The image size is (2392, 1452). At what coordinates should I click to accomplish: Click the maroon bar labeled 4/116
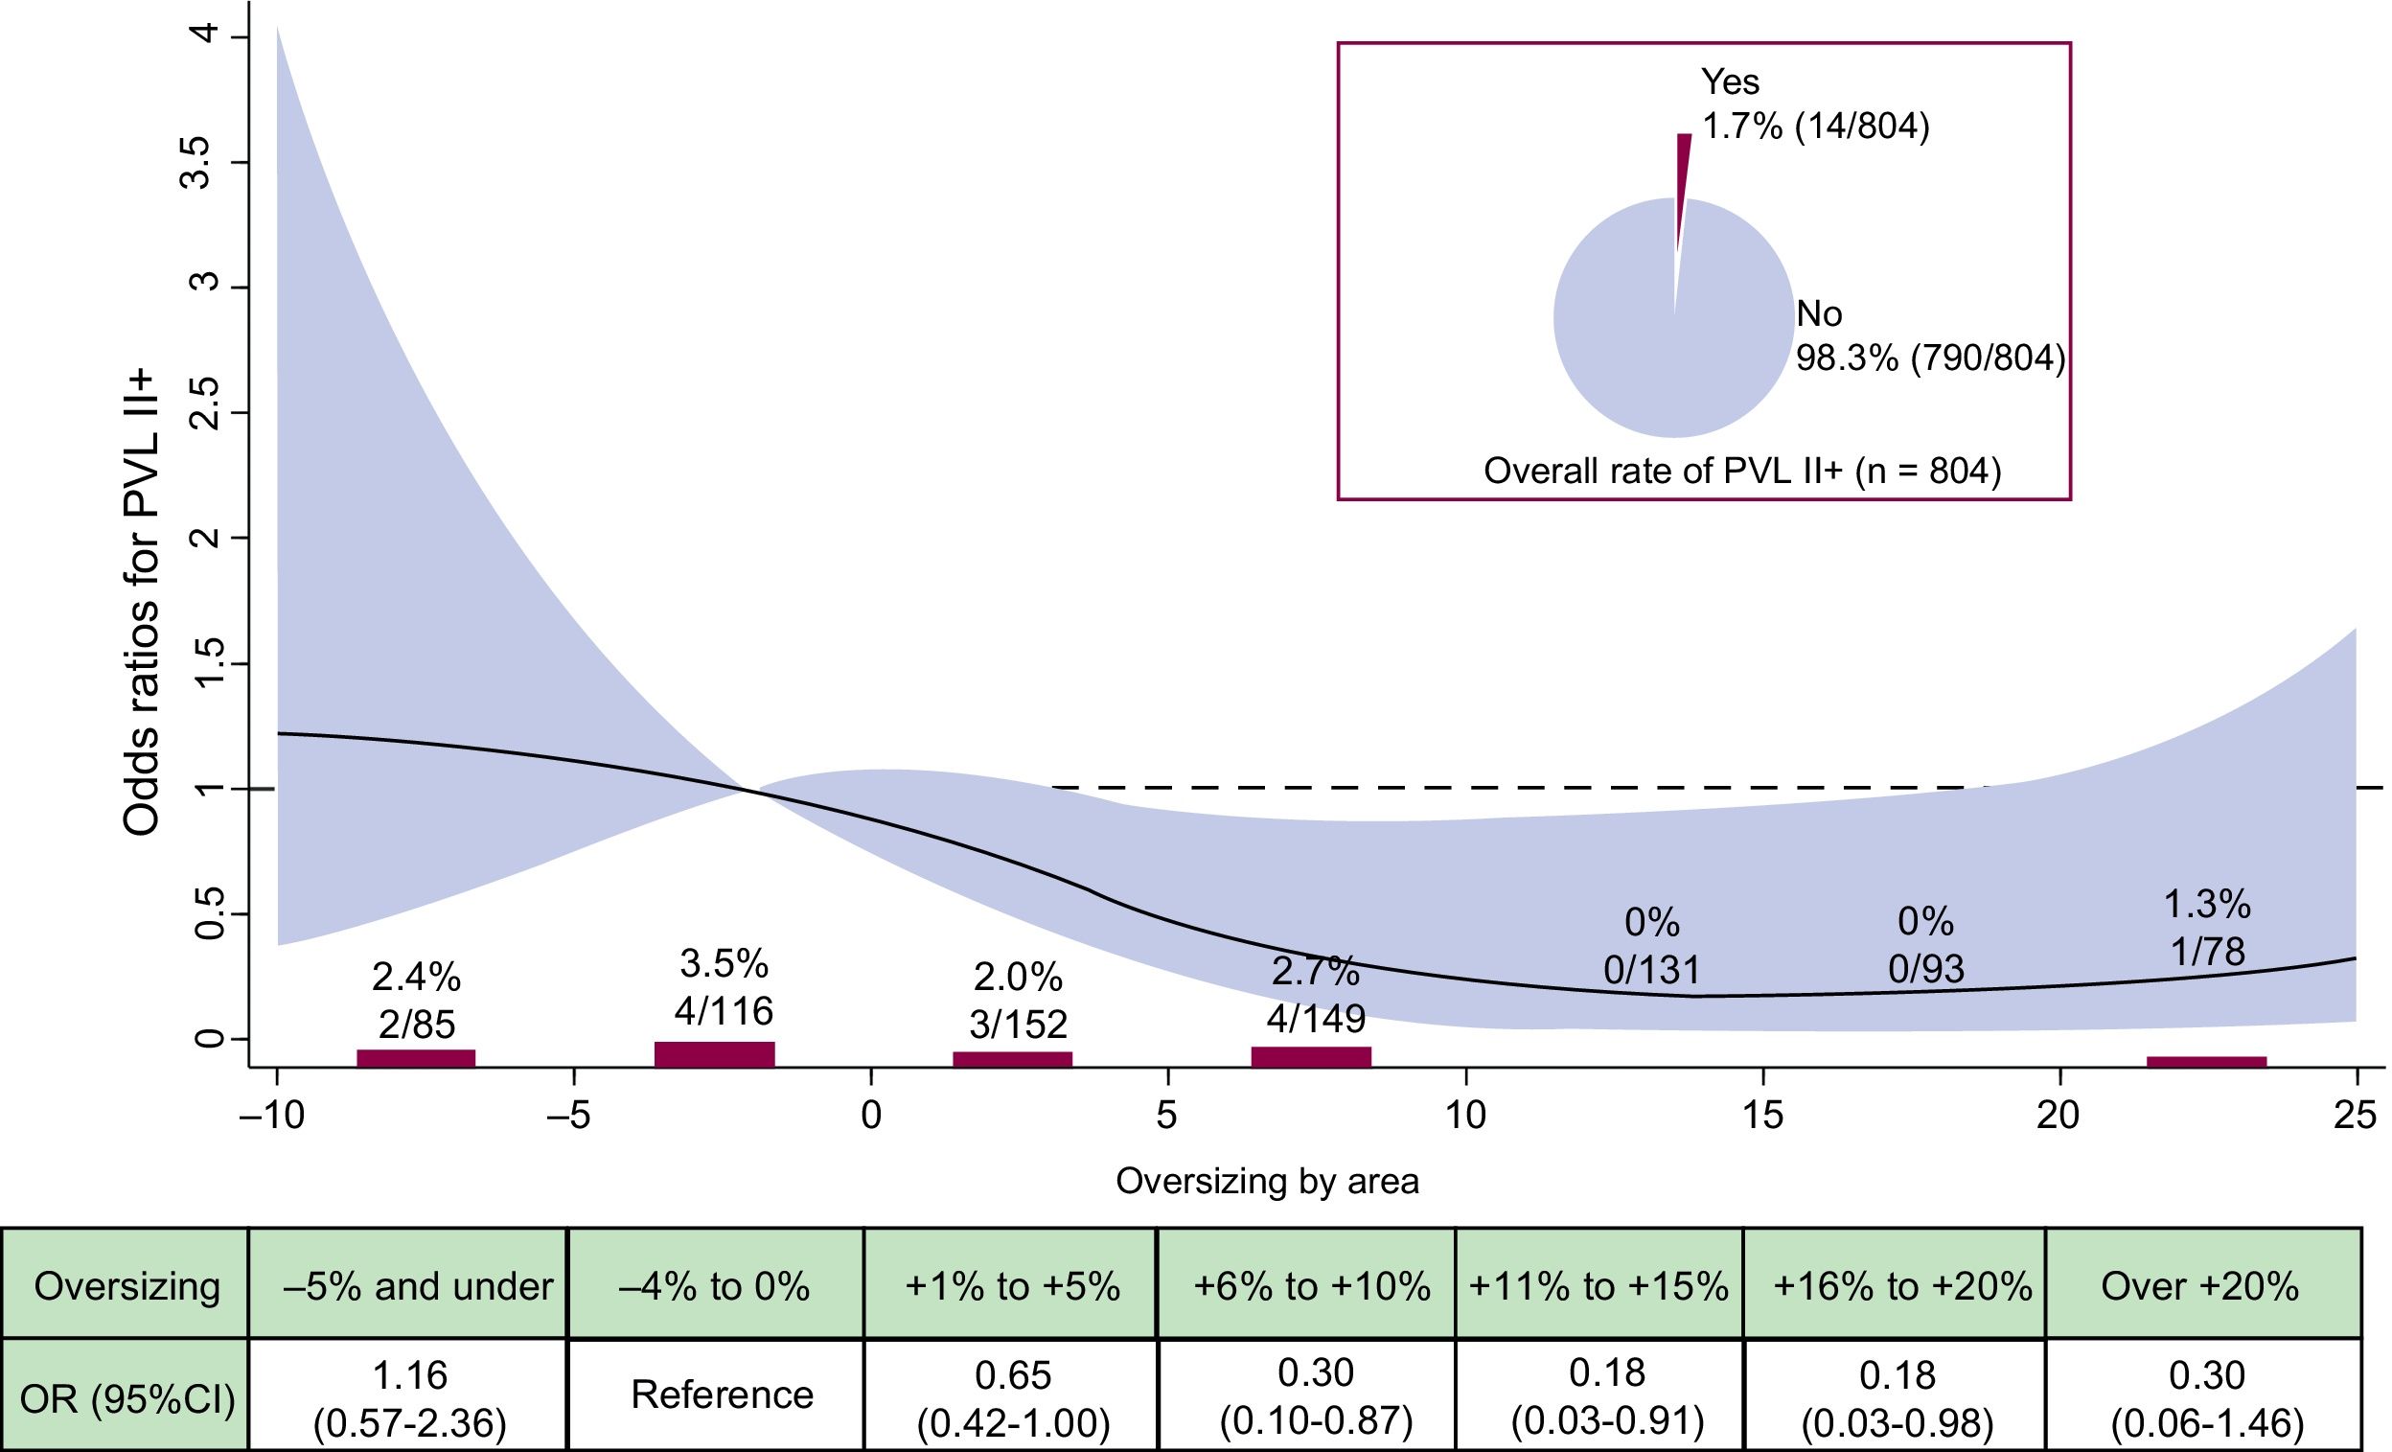(x=715, y=1054)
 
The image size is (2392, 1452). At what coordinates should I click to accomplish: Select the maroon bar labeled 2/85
(x=416, y=1058)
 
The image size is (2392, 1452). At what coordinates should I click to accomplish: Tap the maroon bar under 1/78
(x=2207, y=1062)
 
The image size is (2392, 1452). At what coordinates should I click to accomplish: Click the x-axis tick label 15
(x=1762, y=1117)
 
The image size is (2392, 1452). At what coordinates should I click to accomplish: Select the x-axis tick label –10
(x=272, y=1117)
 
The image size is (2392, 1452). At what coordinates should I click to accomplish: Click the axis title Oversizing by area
(x=1267, y=1181)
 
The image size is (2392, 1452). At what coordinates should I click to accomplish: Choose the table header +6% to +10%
(x=1312, y=1287)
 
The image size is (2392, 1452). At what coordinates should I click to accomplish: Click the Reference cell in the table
(x=723, y=1394)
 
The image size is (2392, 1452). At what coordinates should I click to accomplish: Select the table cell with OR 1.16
(x=409, y=1397)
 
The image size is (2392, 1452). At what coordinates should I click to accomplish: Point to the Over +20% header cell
(x=2199, y=1287)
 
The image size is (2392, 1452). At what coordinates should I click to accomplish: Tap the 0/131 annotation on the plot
(x=1651, y=970)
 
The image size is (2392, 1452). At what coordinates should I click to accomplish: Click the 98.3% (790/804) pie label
(x=1930, y=358)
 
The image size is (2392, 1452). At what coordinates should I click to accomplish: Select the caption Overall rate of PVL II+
(x=1742, y=471)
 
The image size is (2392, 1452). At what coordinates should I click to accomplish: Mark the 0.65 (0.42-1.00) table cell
(x=1013, y=1397)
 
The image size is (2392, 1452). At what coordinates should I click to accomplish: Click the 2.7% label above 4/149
(x=1316, y=971)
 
